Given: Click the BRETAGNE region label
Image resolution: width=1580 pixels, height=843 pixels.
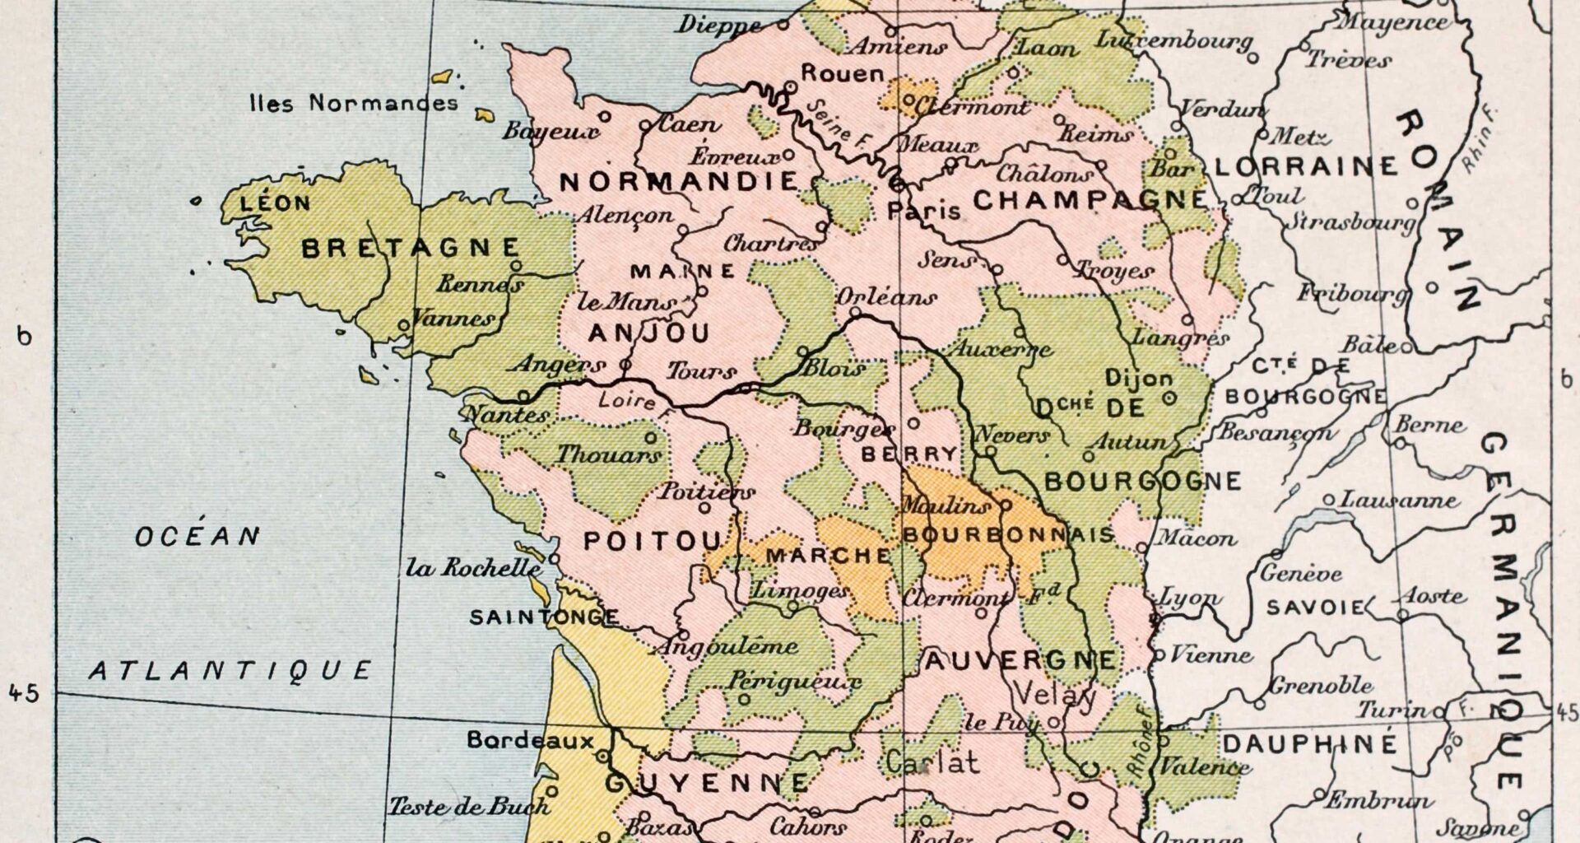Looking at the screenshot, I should click(411, 248).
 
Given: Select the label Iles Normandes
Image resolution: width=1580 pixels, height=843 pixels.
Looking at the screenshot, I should click(354, 104).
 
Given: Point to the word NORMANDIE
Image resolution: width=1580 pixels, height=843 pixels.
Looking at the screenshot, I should click(678, 182).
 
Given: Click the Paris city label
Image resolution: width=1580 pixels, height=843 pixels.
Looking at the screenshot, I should click(923, 212).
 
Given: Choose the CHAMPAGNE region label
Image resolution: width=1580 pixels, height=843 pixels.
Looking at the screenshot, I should click(1091, 200).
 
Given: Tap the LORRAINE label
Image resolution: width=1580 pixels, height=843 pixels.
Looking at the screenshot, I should click(1306, 167).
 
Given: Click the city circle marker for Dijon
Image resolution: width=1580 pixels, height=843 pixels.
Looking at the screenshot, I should click(1170, 398).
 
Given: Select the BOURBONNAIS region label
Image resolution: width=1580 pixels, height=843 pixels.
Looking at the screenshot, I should click(1008, 534).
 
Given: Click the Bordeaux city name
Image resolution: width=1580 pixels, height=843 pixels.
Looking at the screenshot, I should click(530, 740).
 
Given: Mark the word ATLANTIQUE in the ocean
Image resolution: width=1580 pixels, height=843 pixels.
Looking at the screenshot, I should click(230, 671).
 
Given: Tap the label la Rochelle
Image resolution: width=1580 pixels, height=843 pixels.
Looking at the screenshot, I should click(473, 568).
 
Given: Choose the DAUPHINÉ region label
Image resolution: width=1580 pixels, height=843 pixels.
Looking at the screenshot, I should click(1310, 744).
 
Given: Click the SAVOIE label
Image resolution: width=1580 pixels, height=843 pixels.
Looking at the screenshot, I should click(1314, 608).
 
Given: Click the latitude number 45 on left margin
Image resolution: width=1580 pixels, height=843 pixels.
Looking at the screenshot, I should click(25, 694).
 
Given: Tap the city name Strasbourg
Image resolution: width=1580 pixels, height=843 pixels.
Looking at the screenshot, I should click(1350, 221).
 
